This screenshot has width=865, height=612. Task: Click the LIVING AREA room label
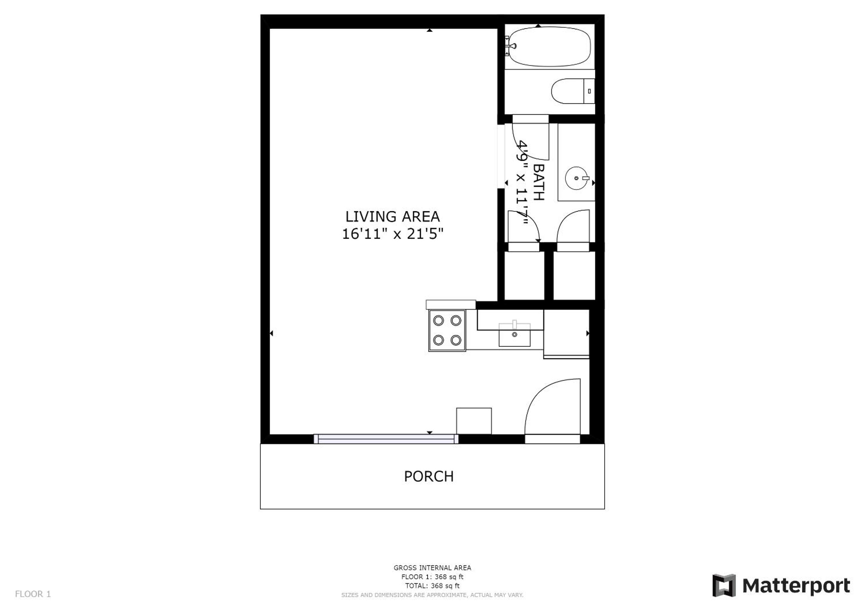click(393, 217)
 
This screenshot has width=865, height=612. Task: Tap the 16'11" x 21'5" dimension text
click(393, 234)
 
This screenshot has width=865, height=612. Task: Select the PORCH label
click(429, 477)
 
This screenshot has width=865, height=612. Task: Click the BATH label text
click(539, 182)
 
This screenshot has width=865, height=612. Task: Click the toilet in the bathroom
click(573, 91)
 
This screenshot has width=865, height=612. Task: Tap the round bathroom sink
click(576, 178)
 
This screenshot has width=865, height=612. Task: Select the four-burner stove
click(447, 331)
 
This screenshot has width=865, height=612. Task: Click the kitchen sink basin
click(515, 335)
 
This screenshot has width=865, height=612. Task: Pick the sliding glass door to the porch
click(386, 439)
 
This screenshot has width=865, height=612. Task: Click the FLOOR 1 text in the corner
click(33, 594)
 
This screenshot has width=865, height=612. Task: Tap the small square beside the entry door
click(474, 421)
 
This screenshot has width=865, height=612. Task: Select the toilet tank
click(589, 91)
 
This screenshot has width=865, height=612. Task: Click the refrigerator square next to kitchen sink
click(566, 334)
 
